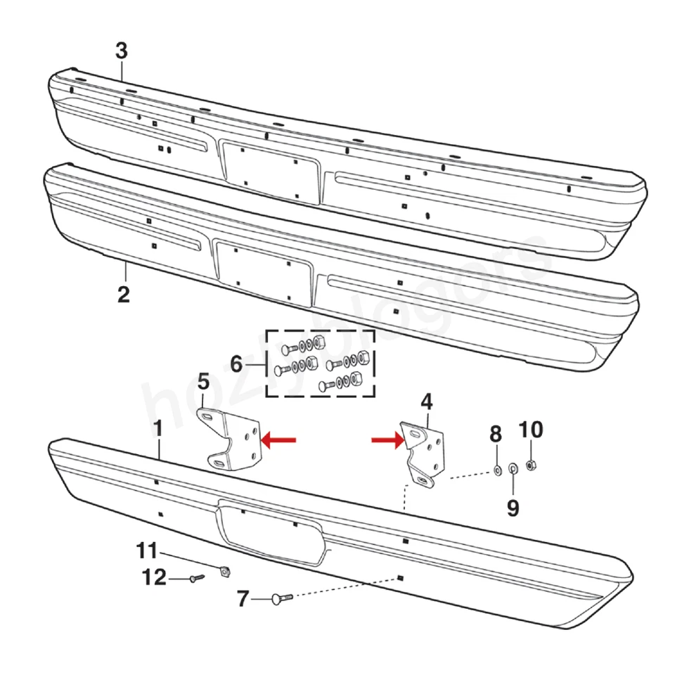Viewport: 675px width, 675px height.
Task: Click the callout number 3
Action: coord(122,51)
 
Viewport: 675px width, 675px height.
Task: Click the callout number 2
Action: coord(124,294)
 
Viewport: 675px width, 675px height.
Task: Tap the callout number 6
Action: coord(236,364)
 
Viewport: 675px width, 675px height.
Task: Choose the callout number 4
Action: coord(426,402)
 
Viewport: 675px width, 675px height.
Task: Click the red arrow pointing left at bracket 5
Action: coord(278,440)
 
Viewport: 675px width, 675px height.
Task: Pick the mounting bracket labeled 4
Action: coord(425,450)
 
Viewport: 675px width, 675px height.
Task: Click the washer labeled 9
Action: coord(512,468)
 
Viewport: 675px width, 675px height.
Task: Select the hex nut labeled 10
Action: coord(532,465)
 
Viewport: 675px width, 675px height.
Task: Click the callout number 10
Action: coord(531,429)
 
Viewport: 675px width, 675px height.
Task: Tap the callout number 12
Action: coord(154,578)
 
